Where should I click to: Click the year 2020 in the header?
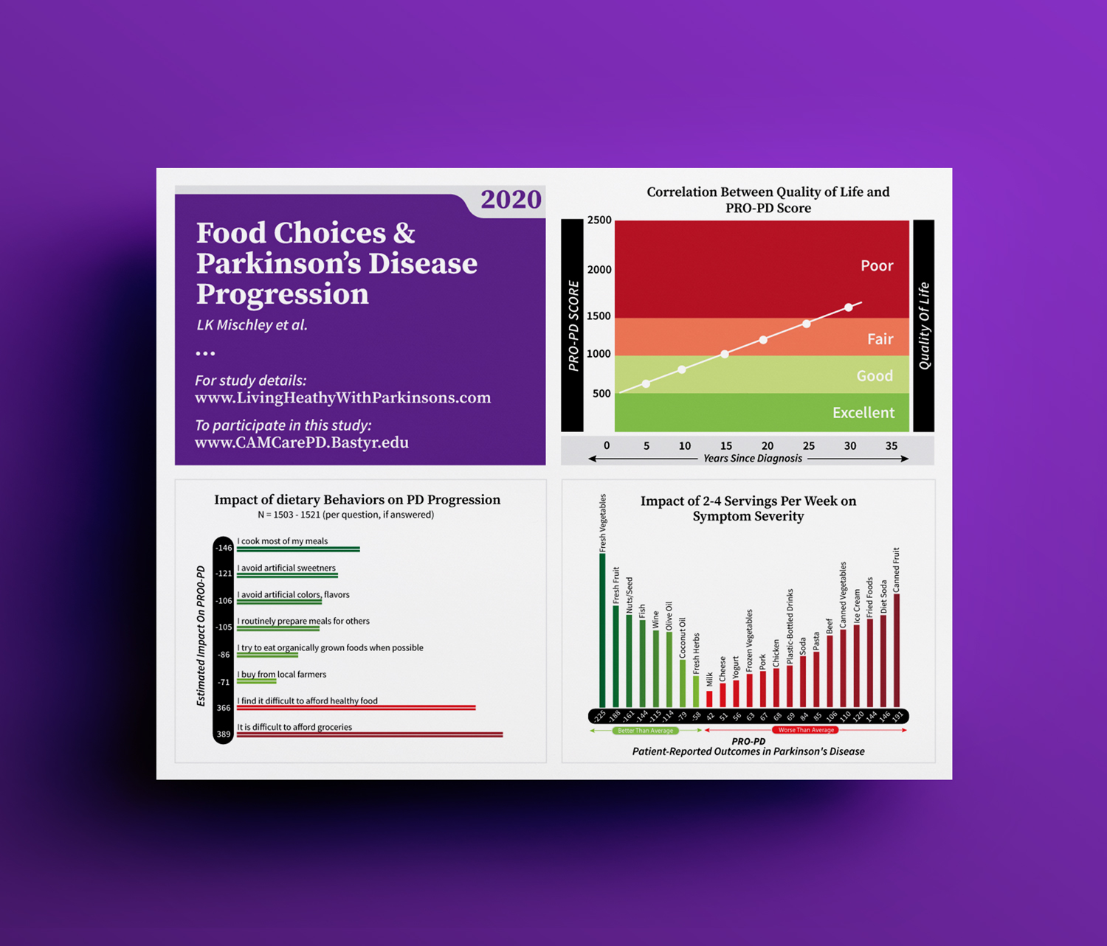511,200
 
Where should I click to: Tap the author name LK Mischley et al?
252,325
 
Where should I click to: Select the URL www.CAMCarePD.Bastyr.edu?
302,442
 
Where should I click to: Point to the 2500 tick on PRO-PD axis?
599,220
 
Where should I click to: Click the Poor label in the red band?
877,265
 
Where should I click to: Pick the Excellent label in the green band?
863,413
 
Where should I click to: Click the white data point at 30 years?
849,307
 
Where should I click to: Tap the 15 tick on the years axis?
726,446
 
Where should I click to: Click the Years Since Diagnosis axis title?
753,459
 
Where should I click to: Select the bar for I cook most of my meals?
298,549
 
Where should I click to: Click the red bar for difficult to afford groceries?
369,734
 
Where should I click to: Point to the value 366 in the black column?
224,708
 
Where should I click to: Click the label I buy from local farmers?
281,675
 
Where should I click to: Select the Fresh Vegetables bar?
602,630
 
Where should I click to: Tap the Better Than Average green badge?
646,731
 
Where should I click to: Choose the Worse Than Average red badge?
806,731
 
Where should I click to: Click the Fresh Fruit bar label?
616,585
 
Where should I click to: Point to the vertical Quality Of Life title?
924,326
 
